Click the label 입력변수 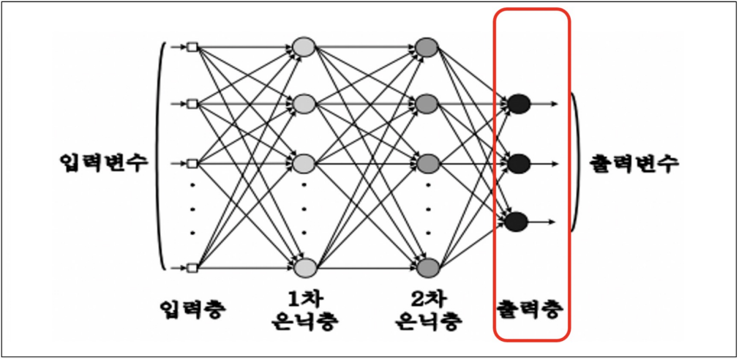point(105,162)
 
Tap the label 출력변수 point(634,162)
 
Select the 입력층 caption point(192,309)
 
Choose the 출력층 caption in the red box point(530,309)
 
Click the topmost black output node point(518,104)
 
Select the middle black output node point(518,162)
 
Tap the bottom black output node point(517,220)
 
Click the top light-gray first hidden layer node point(304,48)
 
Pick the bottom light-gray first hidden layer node point(304,267)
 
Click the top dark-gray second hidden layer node point(427,48)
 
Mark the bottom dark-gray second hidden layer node point(427,267)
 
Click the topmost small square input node point(192,48)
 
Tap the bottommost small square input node point(192,268)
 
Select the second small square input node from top point(192,104)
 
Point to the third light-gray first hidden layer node point(304,162)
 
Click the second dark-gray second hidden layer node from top point(427,104)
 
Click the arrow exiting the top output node point(545,104)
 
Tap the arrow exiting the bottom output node point(542,220)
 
